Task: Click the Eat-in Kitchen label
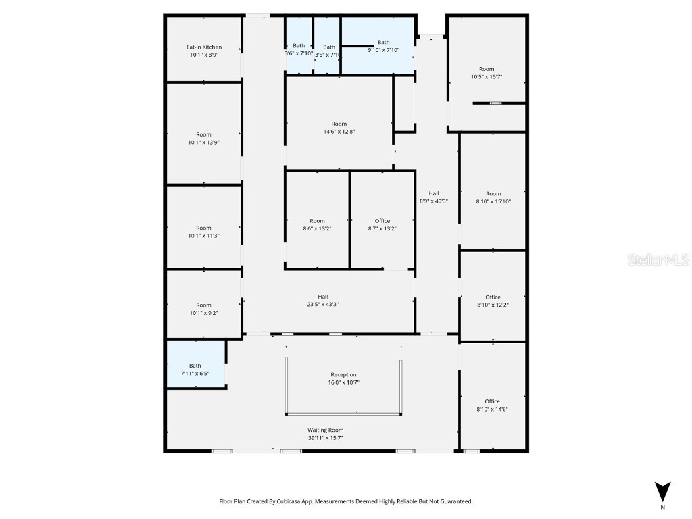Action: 204,47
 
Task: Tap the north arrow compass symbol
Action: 663,491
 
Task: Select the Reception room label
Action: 343,375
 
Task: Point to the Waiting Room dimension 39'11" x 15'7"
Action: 326,438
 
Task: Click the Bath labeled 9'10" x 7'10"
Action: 383,46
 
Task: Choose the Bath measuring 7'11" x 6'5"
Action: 195,369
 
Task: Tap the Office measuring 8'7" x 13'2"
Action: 382,224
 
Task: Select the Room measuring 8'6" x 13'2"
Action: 317,224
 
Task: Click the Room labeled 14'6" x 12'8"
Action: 339,128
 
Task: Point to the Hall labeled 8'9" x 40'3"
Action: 433,197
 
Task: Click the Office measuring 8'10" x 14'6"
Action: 493,405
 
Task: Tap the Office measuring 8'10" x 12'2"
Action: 493,301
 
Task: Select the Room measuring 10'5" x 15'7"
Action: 487,73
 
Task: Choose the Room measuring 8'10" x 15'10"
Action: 493,197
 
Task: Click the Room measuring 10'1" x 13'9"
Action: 203,139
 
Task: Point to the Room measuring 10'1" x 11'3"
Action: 203,232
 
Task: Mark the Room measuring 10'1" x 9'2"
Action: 203,309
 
